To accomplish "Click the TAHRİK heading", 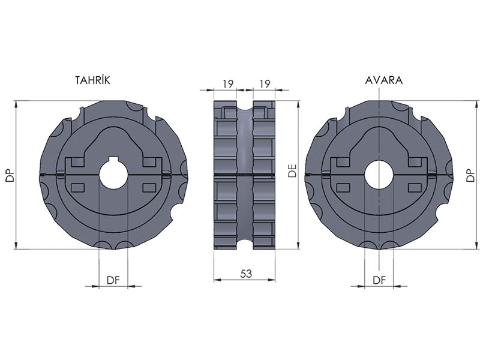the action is tap(92, 80).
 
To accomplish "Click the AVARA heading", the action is tap(384, 80).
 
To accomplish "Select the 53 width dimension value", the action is tap(246, 274).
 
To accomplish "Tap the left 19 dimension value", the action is tap(228, 83).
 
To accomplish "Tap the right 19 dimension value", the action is tap(265, 83).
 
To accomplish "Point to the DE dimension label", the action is tap(293, 172).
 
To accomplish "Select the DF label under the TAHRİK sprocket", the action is tap(113, 280).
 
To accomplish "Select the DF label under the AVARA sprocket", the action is tap(379, 280).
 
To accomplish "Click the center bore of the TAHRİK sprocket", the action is tap(113, 175).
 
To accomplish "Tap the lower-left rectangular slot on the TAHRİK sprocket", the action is tap(78, 188).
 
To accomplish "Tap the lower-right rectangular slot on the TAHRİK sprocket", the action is tap(150, 188).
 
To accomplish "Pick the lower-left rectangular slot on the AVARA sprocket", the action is tap(343, 188).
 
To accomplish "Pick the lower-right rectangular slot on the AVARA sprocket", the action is tap(416, 188).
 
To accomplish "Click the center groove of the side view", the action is tap(245, 175).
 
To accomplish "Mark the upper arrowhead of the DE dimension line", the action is tap(298, 104).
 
